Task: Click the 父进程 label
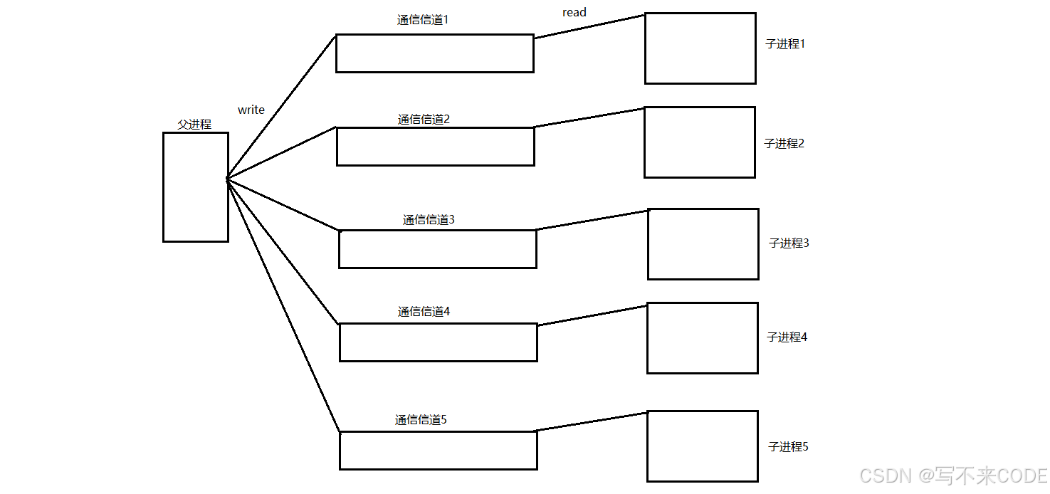pos(194,124)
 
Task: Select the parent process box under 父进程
pos(196,186)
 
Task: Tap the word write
pos(251,110)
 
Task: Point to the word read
pos(574,12)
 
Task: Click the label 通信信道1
pos(423,20)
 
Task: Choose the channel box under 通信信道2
pos(435,147)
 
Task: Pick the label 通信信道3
pos(429,220)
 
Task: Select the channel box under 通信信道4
pos(438,342)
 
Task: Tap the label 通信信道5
pos(421,420)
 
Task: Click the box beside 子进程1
pos(700,48)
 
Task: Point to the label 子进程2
pos(784,144)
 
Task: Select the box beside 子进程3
pos(703,244)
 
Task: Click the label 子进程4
pos(787,337)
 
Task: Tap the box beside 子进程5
pos(702,446)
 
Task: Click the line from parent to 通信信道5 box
pos(283,305)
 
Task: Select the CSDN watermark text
pos(953,475)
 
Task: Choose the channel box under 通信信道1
pos(434,53)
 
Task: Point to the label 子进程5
pos(788,447)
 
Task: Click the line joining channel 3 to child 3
pos(592,220)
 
